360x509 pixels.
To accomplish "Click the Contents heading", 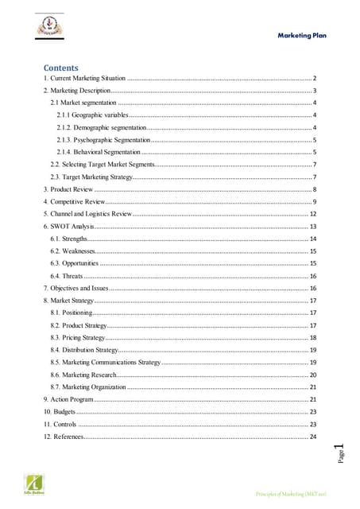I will point(62,67).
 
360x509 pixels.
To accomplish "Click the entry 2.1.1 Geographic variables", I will point(93,115).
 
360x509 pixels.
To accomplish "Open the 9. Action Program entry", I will point(70,398).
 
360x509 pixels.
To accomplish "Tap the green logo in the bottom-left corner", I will point(35,483).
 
